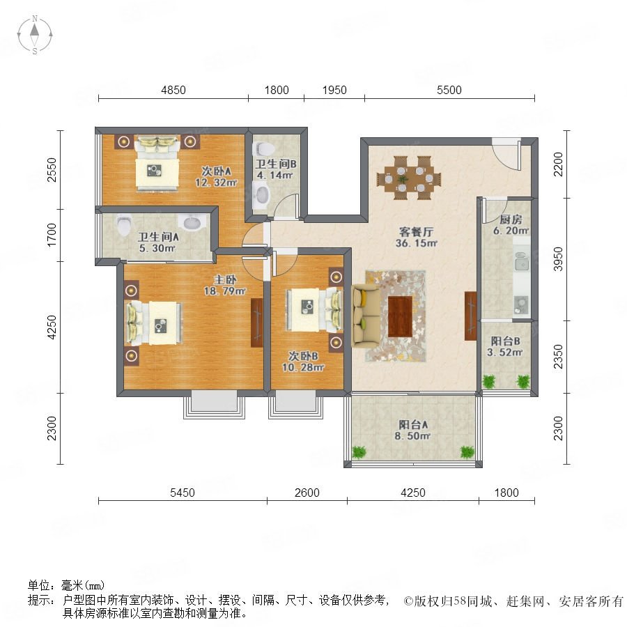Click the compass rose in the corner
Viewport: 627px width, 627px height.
point(35,35)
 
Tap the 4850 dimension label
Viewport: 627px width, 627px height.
point(173,90)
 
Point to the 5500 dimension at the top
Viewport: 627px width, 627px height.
point(449,90)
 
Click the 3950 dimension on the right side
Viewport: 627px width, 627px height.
point(558,259)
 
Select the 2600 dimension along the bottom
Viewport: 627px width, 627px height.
point(307,493)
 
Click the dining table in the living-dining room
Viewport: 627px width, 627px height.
point(409,178)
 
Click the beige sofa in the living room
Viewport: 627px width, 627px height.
point(366,316)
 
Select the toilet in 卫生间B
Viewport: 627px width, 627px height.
point(264,149)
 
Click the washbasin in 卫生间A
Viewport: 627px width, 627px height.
point(194,222)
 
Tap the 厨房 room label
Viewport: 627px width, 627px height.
point(511,219)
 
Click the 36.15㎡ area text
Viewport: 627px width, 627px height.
point(417,243)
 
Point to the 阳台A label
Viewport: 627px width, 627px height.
point(413,424)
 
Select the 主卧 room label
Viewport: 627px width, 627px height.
point(225,279)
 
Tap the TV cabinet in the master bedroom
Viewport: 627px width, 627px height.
point(256,323)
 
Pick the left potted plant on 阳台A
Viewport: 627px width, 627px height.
point(359,452)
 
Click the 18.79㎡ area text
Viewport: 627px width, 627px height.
point(225,291)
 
